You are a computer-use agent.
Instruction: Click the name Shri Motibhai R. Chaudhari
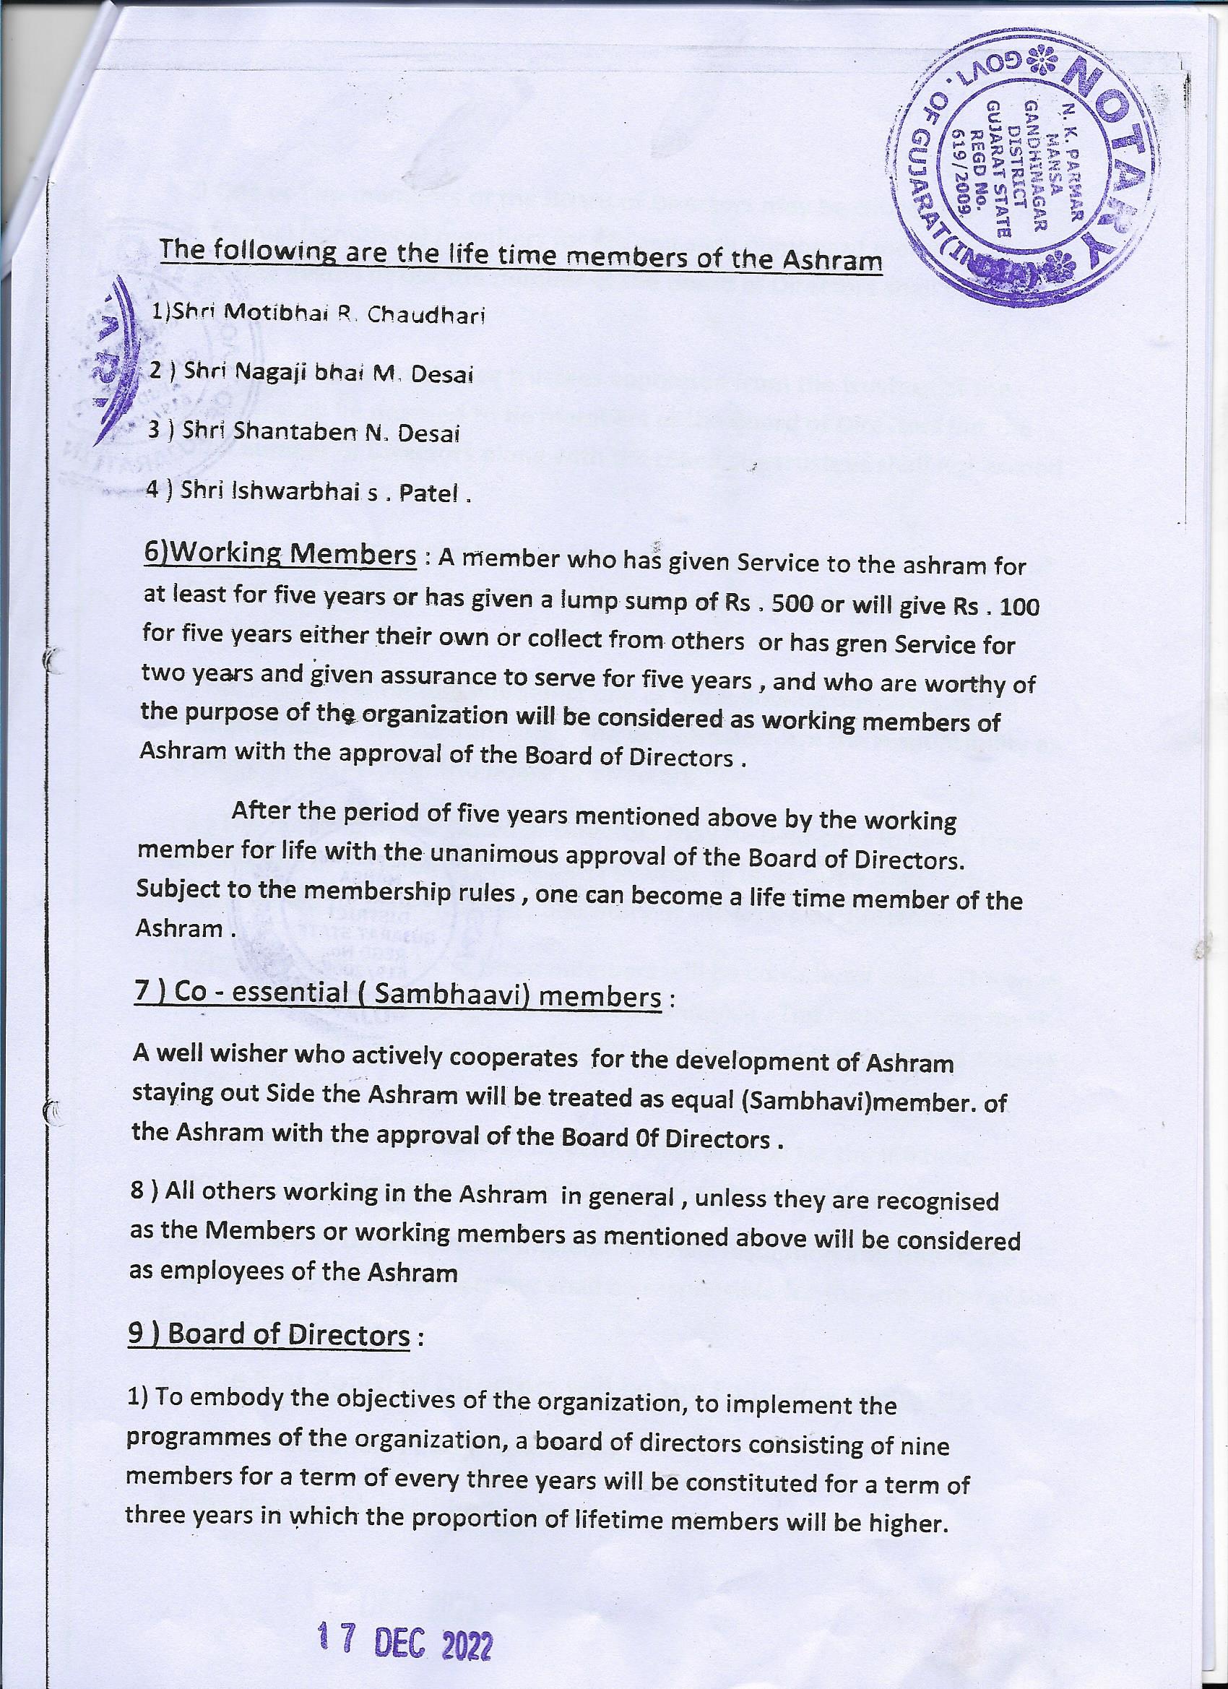coord(319,314)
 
